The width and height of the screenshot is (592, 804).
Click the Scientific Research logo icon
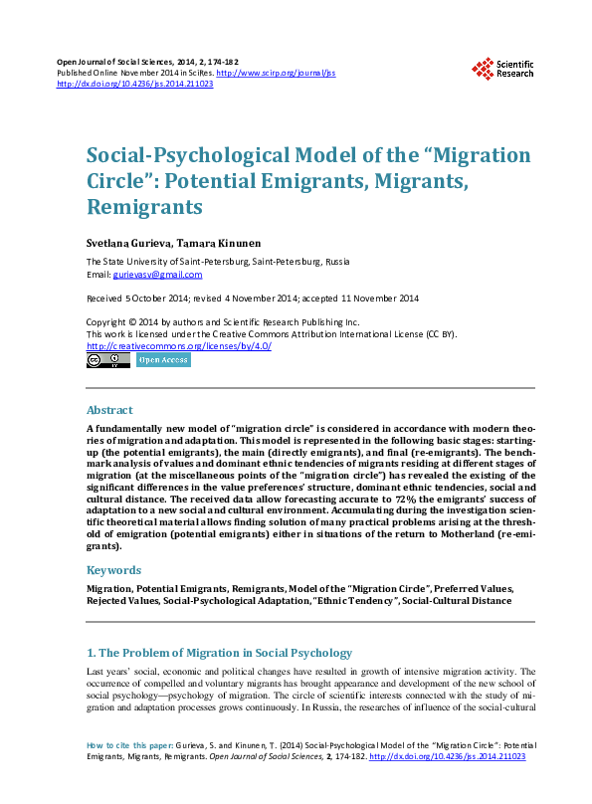pyautogui.click(x=484, y=69)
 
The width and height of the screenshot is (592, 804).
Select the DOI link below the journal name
pyautogui.click(x=135, y=84)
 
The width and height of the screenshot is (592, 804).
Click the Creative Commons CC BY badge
pyautogui.click(x=107, y=360)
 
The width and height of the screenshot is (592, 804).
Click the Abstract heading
pyautogui.click(x=109, y=410)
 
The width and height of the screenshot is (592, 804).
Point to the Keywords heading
pyautogui.click(x=113, y=570)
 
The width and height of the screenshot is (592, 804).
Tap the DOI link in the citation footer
pyautogui.click(x=447, y=756)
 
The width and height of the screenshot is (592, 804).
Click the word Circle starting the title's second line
pyautogui.click(x=115, y=182)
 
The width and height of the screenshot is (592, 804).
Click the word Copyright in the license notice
pyautogui.click(x=107, y=322)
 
